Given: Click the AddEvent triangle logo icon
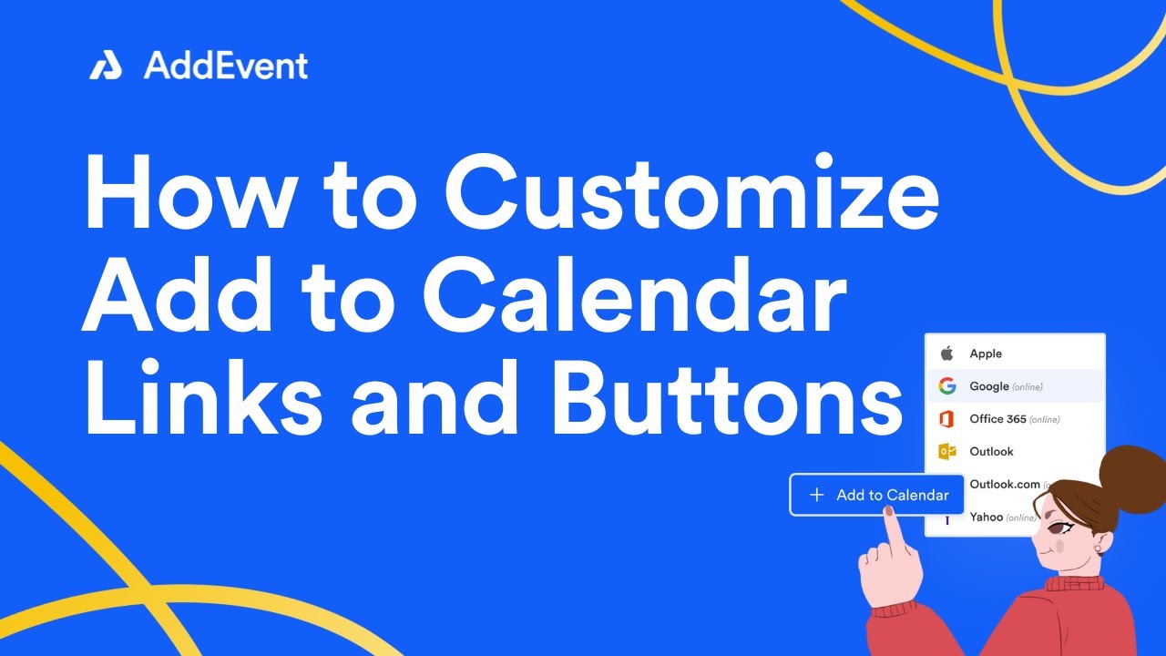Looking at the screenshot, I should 106,66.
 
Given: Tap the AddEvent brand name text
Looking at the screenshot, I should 226,66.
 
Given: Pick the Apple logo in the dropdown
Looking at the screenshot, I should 946,354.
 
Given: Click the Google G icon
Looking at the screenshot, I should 947,386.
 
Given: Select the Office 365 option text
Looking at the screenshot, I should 997,419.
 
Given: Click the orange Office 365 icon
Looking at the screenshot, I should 947,419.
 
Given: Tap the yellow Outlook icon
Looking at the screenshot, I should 947,451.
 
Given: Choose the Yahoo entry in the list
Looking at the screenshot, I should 987,517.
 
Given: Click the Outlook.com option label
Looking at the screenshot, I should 1002,484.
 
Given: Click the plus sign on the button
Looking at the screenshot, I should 817,495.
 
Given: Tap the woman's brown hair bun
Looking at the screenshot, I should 1134,474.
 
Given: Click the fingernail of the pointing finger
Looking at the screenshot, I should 888,512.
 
